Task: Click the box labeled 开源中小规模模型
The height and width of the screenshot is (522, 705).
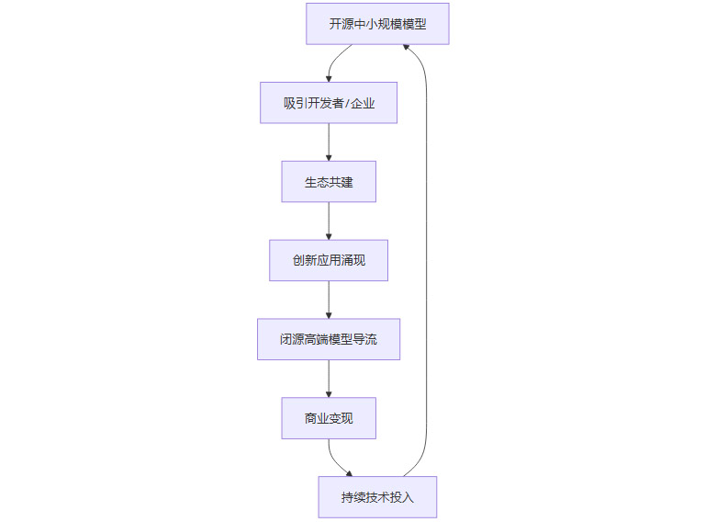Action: (377, 24)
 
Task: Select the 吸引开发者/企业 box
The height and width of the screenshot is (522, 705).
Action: (329, 103)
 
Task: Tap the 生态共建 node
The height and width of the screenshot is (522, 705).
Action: (329, 182)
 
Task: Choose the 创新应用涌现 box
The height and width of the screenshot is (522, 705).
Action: (329, 260)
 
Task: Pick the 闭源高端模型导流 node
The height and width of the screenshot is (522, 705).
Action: (329, 339)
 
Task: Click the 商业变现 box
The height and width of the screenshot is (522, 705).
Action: (329, 418)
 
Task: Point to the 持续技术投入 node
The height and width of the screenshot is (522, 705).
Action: (377, 497)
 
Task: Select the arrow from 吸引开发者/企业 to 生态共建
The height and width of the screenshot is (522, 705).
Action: (329, 142)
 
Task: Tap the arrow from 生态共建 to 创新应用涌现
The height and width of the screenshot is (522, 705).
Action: (329, 221)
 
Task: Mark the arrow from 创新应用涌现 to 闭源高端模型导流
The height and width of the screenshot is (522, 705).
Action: (329, 300)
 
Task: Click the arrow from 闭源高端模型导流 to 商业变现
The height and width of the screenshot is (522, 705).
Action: (329, 379)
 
